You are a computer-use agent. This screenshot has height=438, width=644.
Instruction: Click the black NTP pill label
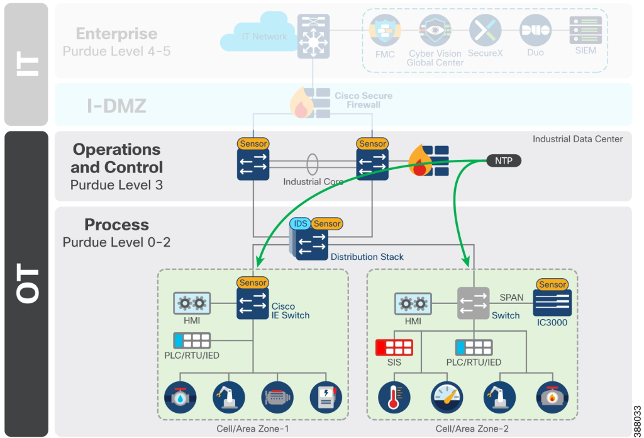pos(504,160)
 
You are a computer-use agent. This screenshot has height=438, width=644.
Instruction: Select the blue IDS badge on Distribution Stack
pos(299,223)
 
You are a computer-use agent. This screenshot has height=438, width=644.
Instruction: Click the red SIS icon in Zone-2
pos(394,347)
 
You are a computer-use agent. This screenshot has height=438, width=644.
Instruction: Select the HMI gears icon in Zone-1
pos(192,304)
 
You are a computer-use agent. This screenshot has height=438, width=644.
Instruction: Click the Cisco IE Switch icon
pos(253,304)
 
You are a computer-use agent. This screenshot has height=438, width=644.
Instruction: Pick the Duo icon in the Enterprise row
pos(535,30)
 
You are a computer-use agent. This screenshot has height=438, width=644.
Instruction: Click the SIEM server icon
pos(585,30)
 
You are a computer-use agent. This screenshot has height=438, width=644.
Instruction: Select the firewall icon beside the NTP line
pos(429,161)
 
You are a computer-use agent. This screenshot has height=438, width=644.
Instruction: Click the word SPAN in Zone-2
pos(511,297)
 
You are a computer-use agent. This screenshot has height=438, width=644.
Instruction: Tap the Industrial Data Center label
pos(577,139)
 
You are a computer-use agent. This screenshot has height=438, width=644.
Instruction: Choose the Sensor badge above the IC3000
pos(553,284)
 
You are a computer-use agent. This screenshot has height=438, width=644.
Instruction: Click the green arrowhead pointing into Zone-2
pos(467,261)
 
